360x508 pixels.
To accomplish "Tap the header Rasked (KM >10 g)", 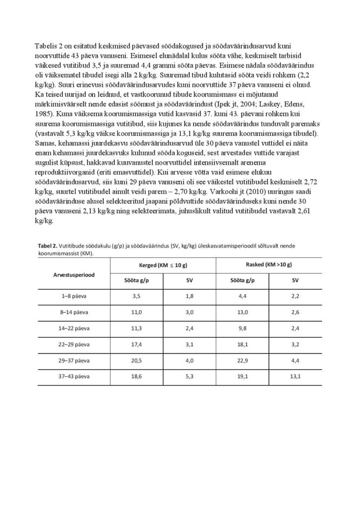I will tap(269, 265).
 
